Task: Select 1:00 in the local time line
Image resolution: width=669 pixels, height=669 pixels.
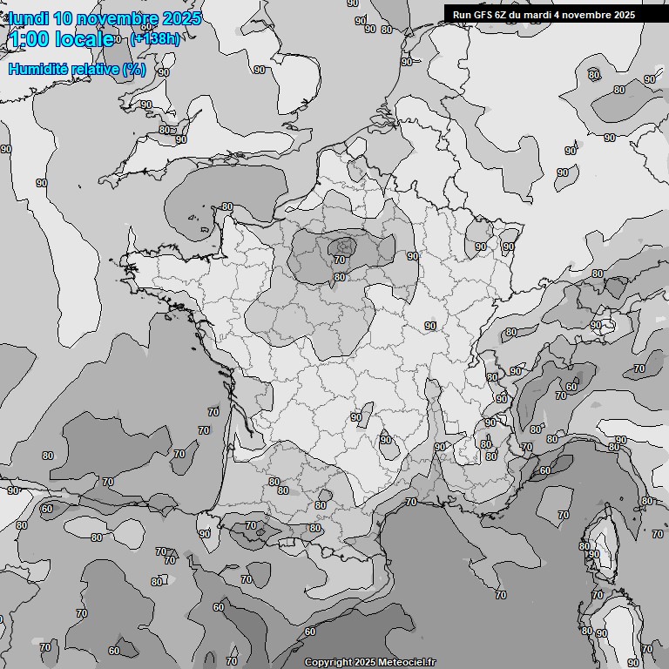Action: (28, 39)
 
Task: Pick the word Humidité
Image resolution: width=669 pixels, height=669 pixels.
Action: (38, 69)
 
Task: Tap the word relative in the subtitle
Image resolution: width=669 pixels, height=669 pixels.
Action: (95, 69)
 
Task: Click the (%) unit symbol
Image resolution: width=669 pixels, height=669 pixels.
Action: (134, 69)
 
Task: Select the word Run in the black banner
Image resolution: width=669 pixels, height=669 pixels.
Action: (461, 15)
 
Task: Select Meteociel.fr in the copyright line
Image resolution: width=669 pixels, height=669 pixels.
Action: (407, 663)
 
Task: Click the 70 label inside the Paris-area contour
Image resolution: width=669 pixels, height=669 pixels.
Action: (340, 260)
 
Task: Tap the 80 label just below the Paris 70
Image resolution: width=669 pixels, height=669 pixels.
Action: (340, 278)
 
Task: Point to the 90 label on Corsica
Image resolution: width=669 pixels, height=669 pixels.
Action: (594, 554)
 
